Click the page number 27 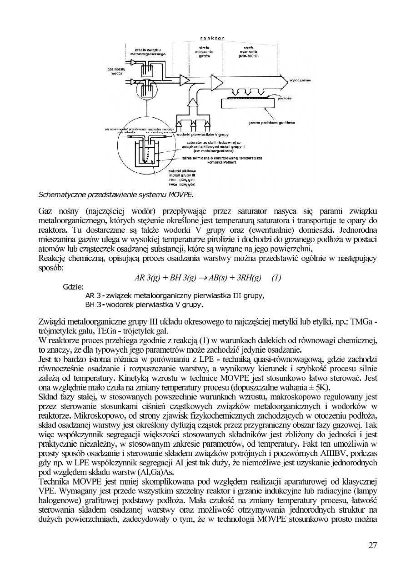[x=372, y=546]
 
